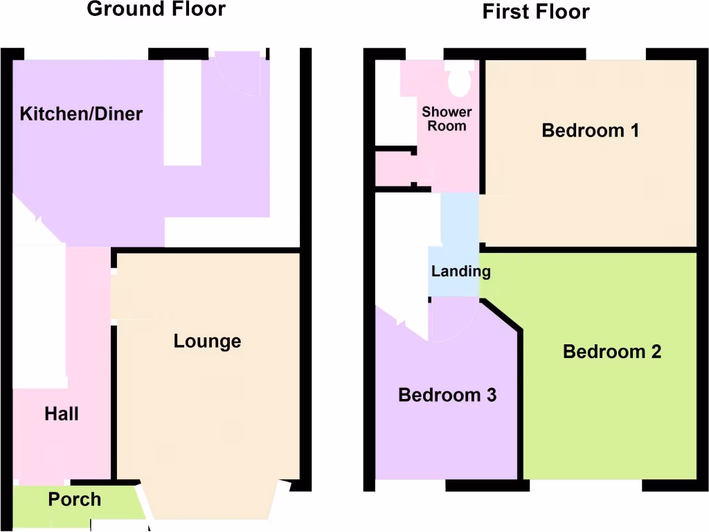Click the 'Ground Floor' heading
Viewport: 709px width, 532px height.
[x=156, y=10]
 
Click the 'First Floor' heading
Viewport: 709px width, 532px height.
[x=536, y=12]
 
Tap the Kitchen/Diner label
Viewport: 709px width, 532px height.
[x=81, y=114]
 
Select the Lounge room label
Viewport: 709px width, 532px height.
[x=207, y=341]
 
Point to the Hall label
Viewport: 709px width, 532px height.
[x=62, y=414]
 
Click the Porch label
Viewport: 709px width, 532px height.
[x=75, y=499]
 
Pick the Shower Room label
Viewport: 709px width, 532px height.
[x=447, y=118]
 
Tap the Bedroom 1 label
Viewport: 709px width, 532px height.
[x=590, y=130]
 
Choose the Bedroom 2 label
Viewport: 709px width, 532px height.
[x=612, y=352]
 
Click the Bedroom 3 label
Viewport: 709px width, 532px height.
[x=447, y=396]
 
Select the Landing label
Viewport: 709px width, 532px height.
[x=460, y=271]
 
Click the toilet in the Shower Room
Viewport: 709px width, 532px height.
[x=459, y=81]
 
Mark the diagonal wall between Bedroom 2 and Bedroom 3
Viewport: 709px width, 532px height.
[x=501, y=315]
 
